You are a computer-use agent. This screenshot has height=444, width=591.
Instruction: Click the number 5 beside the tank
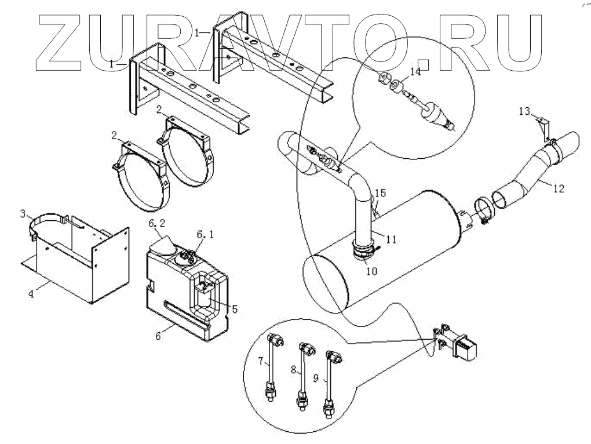[x=234, y=309]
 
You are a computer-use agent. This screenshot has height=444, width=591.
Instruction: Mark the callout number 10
[x=371, y=271]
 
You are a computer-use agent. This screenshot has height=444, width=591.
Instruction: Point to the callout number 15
[x=380, y=193]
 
